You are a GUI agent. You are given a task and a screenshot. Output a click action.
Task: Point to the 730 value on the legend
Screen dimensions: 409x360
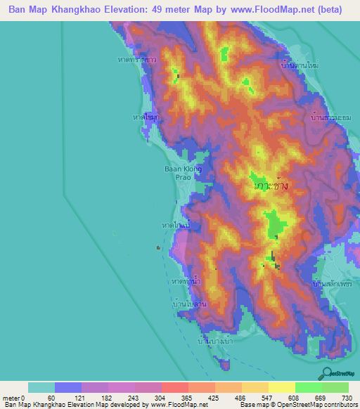(347, 397)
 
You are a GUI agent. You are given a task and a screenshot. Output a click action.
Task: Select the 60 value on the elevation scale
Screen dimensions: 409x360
(51, 397)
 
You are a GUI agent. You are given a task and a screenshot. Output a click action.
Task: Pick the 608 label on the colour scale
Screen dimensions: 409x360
(292, 397)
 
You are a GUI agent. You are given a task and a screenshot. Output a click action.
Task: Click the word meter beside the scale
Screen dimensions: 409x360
(11, 397)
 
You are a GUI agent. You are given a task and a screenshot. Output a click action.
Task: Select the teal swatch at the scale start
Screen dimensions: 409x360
(41, 387)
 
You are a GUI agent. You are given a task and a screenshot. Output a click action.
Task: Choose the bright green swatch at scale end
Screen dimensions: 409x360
(335, 387)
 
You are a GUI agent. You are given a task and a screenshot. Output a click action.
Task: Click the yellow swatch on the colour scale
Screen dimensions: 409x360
(281, 387)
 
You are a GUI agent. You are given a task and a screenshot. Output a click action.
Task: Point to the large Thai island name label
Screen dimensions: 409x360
(271, 186)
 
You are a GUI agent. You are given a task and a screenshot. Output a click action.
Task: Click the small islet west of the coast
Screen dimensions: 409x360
(159, 247)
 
